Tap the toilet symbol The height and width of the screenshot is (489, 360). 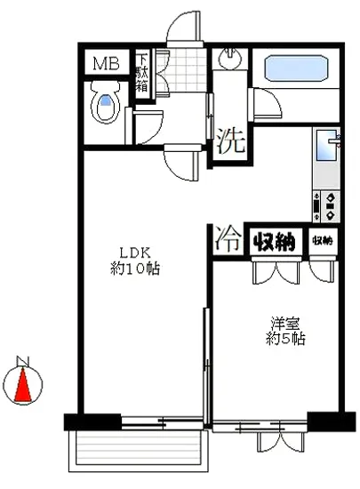(107, 106)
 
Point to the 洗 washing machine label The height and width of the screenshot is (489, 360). (228, 139)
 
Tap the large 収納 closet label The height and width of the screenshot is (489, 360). (275, 240)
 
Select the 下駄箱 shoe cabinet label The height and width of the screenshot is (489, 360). (141, 75)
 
